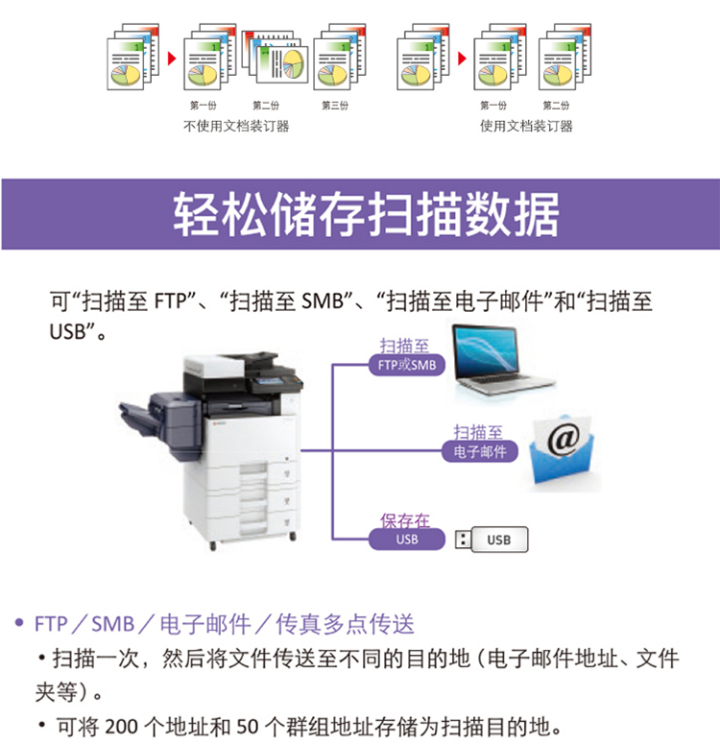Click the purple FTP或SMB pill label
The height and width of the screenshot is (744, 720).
tap(407, 365)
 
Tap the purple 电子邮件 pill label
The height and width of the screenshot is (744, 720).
tap(479, 451)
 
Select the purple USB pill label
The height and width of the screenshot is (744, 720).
tap(407, 540)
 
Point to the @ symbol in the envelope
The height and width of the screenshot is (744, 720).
tap(564, 439)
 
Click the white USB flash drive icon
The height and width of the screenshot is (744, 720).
tap(492, 540)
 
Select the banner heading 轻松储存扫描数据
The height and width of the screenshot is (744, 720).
tap(366, 214)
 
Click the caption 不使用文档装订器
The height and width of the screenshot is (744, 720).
tap(236, 126)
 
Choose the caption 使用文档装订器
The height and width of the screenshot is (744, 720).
tap(526, 126)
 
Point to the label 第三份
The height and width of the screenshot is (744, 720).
tap(335, 106)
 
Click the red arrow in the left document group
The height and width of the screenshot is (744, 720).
tap(172, 59)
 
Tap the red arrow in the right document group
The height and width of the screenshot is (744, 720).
tap(463, 59)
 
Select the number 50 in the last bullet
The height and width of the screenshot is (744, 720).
tap(248, 727)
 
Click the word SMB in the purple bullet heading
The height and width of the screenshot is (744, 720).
tap(113, 624)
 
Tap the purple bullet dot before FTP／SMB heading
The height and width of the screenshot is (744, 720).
tap(19, 622)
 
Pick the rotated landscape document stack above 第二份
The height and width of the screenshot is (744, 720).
tap(276, 56)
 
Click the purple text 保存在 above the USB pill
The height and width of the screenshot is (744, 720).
tap(404, 521)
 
